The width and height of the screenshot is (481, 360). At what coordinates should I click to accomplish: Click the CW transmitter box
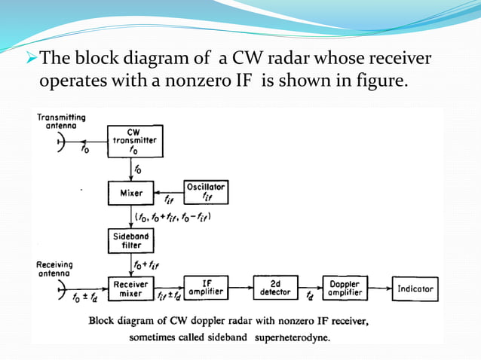click(134, 142)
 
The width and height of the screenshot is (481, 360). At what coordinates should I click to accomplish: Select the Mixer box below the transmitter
click(131, 192)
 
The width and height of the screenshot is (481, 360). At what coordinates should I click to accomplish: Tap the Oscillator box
click(206, 192)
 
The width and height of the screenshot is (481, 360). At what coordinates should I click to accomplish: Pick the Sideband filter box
click(131, 241)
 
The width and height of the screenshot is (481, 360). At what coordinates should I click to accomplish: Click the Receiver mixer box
click(131, 288)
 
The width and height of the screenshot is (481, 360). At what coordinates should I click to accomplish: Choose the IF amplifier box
click(207, 288)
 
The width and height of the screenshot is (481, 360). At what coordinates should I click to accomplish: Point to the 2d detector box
click(275, 288)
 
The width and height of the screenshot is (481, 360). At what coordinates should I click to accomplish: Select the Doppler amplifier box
click(345, 288)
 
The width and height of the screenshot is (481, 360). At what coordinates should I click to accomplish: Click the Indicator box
click(415, 288)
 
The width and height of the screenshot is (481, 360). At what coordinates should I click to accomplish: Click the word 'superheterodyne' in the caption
click(298, 337)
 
